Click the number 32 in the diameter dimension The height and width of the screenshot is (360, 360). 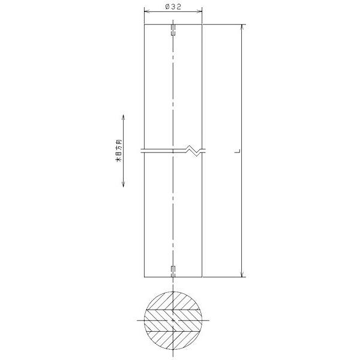(177, 7)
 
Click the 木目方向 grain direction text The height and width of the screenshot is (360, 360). (118, 151)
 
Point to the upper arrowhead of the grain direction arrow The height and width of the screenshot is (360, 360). (123, 116)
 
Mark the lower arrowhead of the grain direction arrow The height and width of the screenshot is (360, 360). (123, 186)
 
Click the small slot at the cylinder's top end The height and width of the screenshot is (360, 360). (173, 30)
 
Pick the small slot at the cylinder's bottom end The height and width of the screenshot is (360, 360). (173, 271)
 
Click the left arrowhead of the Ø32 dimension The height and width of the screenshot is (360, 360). (146, 12)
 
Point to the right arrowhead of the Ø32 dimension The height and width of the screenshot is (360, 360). (200, 12)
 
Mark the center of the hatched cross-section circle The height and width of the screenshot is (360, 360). (173, 321)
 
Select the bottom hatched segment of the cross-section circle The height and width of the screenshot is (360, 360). (173, 343)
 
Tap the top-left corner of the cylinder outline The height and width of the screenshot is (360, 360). (144, 25)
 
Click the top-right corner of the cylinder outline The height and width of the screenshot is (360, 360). (203, 25)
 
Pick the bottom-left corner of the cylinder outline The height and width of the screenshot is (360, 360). (144, 277)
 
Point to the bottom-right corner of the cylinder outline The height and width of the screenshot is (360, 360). (203, 277)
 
